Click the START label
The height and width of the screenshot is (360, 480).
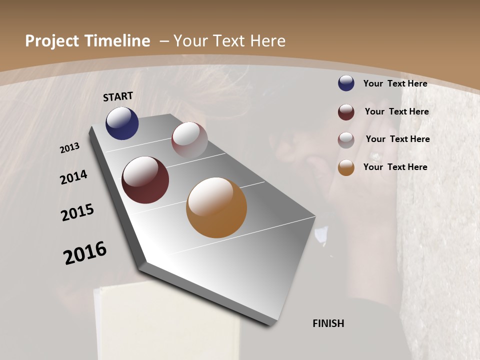tap(118, 96)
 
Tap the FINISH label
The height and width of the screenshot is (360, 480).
tap(328, 323)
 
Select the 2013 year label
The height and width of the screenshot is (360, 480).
tap(69, 148)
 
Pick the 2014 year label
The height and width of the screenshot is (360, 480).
tap(73, 177)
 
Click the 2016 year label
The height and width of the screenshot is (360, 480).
tap(85, 253)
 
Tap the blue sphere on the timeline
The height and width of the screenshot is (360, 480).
tap(122, 123)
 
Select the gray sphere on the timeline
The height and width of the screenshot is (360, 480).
tap(189, 140)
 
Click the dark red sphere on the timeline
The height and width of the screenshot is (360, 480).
tap(145, 180)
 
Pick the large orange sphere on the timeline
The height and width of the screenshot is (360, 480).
tap(216, 207)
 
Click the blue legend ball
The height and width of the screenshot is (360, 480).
tap(346, 83)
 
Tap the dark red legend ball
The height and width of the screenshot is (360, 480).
tap(346, 112)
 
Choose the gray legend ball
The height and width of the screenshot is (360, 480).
tap(346, 140)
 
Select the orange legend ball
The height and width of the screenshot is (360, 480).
tap(346, 168)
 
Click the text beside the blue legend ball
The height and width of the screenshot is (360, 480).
tap(395, 83)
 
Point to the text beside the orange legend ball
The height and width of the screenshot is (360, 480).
tap(395, 167)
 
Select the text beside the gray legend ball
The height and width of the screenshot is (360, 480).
tap(397, 139)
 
